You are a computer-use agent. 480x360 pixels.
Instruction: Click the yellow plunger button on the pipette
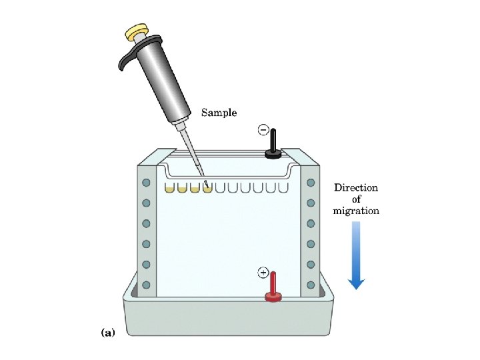(x=137, y=31)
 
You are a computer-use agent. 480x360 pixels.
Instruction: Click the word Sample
(x=219, y=113)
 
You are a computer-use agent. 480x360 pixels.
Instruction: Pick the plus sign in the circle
(x=263, y=273)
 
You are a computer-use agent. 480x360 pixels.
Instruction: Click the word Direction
(x=356, y=187)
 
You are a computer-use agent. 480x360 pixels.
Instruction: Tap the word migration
(x=356, y=211)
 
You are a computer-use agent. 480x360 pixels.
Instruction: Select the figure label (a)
(x=107, y=331)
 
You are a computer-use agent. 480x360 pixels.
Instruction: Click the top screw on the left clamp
(x=146, y=183)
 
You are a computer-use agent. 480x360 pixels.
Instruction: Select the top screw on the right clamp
(x=310, y=183)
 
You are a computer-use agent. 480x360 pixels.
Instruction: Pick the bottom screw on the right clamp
(x=310, y=285)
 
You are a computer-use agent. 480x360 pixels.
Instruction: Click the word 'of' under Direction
(x=357, y=199)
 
